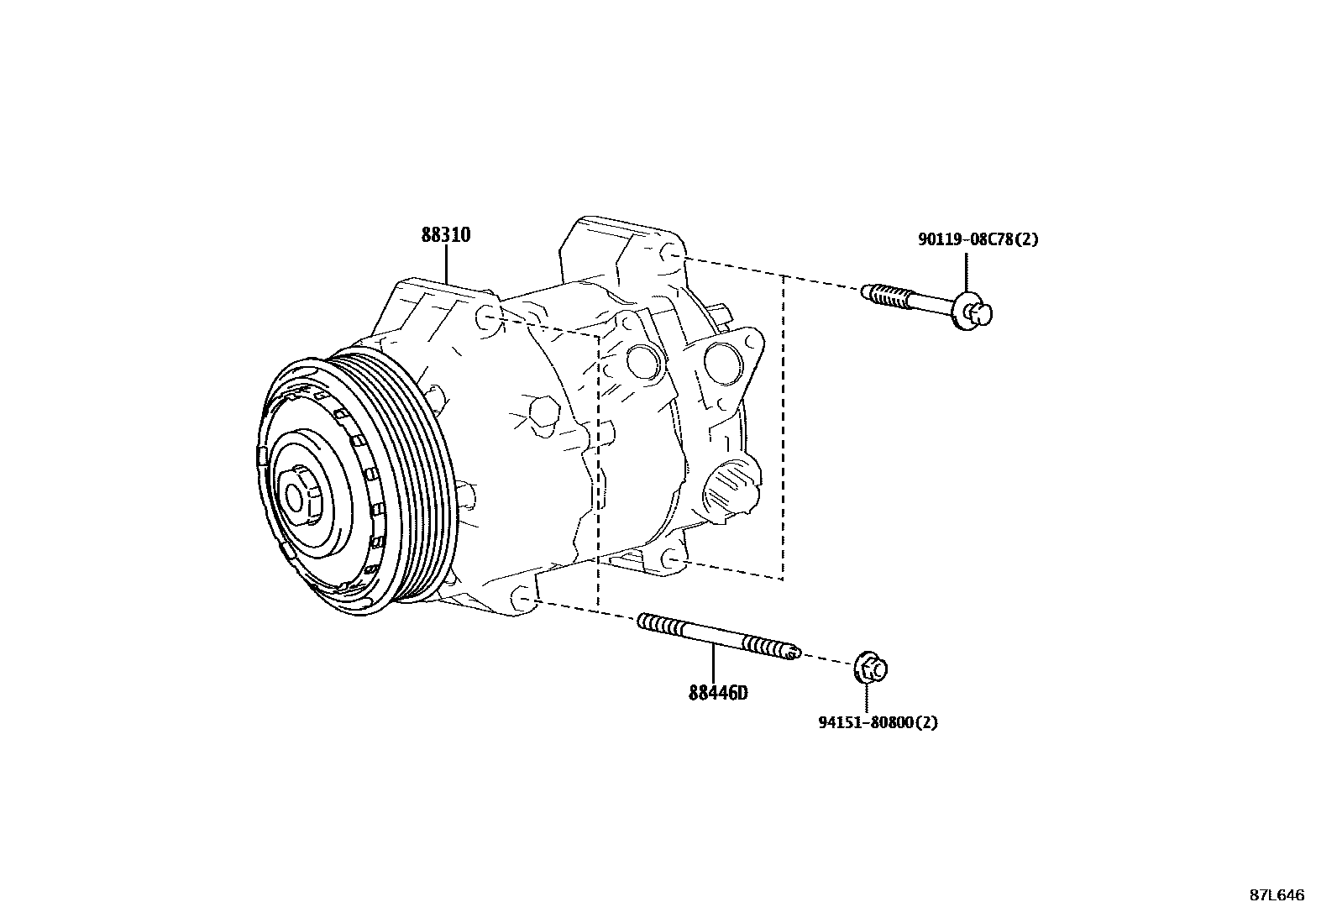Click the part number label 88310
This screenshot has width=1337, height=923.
tap(445, 235)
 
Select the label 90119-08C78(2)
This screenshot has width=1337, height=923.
tap(978, 239)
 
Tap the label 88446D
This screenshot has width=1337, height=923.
tap(717, 693)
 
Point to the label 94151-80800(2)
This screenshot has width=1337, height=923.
tap(878, 721)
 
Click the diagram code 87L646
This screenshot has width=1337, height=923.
tap(1276, 895)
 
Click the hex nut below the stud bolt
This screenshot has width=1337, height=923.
tap(871, 669)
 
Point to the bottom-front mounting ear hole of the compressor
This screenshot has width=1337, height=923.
tap(523, 600)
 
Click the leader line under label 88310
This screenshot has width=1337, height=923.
tap(447, 265)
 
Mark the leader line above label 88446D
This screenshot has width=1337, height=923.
tap(714, 664)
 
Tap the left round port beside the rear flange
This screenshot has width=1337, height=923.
tap(642, 359)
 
